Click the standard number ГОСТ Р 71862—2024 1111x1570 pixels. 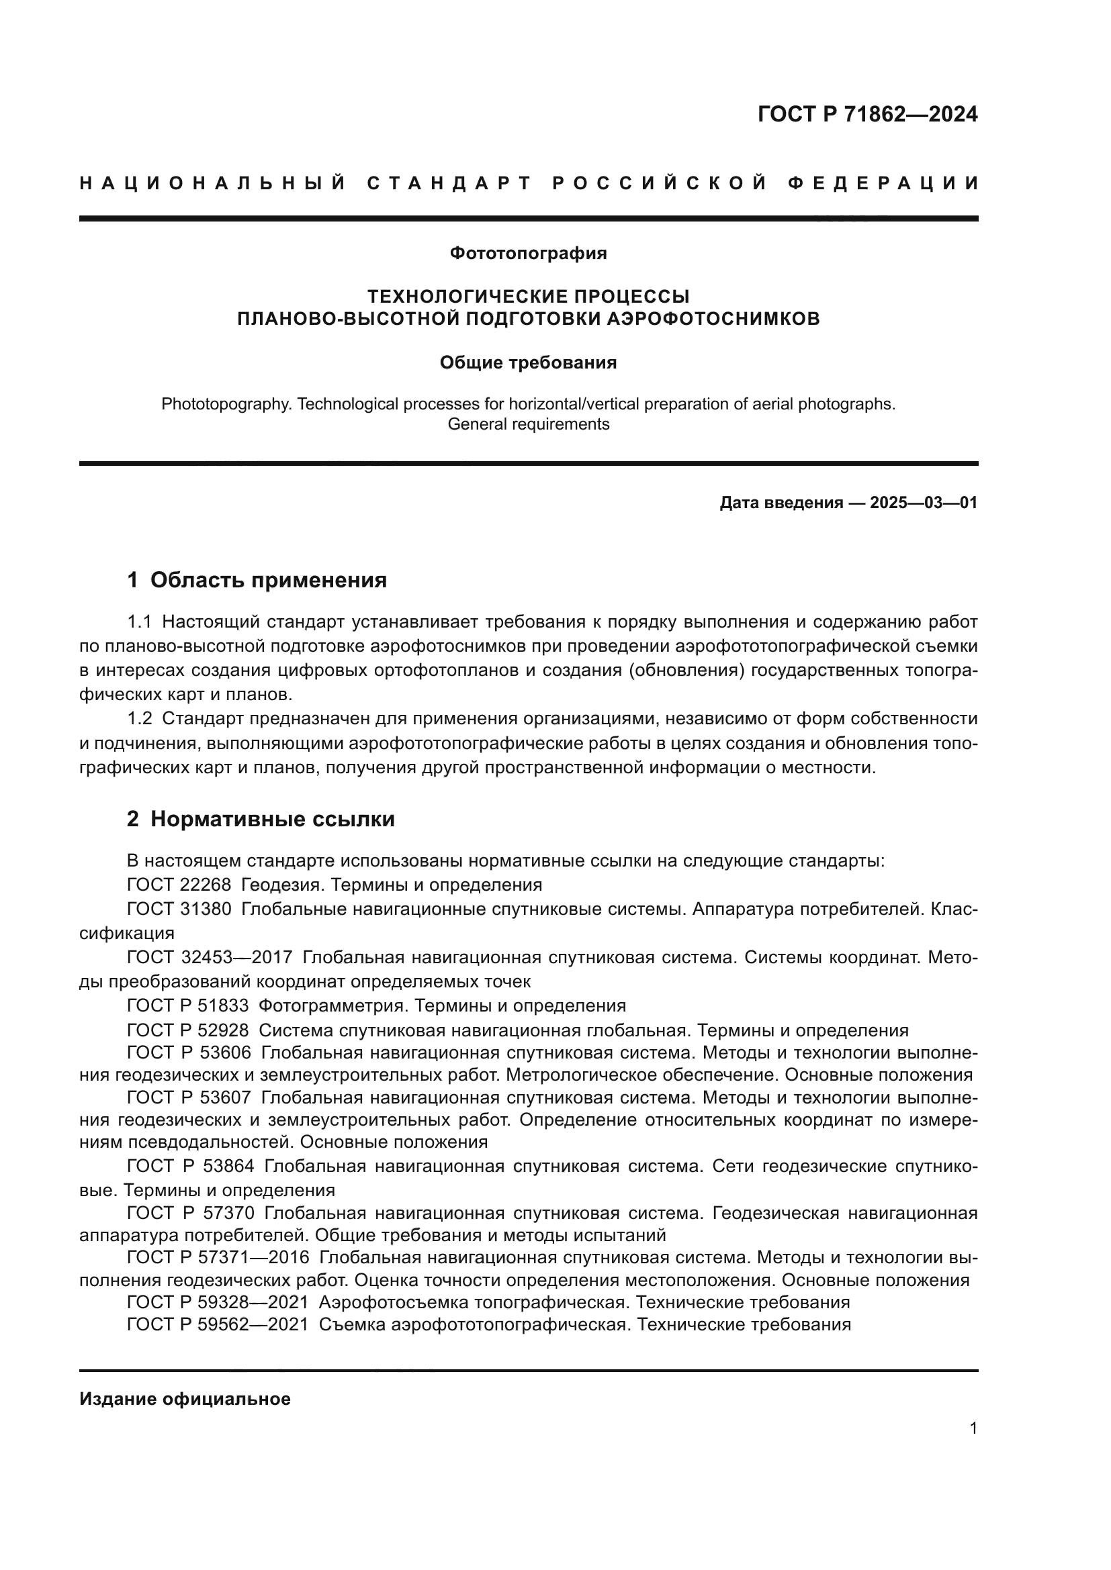tap(866, 114)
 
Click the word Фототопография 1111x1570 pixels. tap(527, 254)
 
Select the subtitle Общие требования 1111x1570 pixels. tap(527, 363)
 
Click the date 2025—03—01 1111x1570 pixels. tap(923, 503)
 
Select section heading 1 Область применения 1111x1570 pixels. tap(257, 581)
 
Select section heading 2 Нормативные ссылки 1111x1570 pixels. tap(261, 819)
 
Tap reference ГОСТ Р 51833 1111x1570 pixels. tap(188, 1006)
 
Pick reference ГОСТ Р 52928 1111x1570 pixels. tap(188, 1030)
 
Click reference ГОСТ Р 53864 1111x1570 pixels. tap(190, 1166)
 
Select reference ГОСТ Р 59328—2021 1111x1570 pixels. tap(218, 1302)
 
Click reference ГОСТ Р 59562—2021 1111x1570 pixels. tap(218, 1324)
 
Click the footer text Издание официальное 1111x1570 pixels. tap(185, 1399)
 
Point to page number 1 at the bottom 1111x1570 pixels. tap(973, 1428)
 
